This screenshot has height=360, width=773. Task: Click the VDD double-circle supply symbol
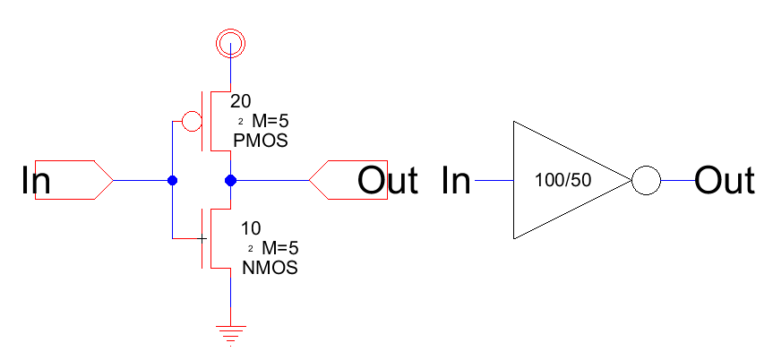[x=231, y=40]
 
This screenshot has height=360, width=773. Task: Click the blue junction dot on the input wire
[x=173, y=181]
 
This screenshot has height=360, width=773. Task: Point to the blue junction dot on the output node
[x=231, y=181]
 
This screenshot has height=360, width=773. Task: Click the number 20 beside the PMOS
[x=242, y=101]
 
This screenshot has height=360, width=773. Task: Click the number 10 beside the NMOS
[x=252, y=228]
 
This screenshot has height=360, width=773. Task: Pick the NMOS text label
[x=271, y=267]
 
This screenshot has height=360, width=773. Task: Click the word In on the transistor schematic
[x=36, y=181]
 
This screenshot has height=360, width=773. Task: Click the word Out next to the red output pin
[x=388, y=181]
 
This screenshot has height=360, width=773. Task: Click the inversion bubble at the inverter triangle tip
[x=646, y=181]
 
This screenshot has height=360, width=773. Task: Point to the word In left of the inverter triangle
[x=457, y=181]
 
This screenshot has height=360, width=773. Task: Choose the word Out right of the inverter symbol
[x=725, y=181]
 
